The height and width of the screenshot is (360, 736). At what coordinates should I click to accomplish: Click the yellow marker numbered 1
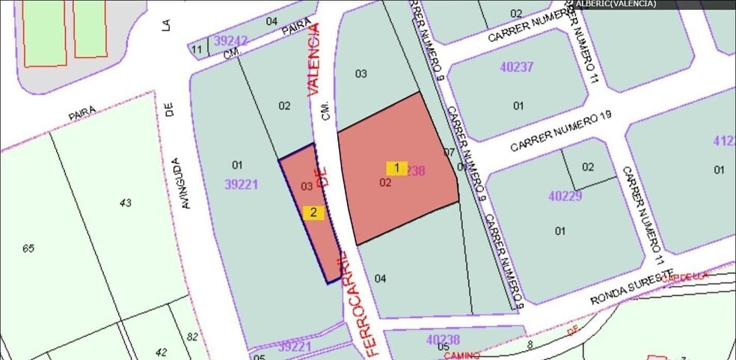tap(396, 168)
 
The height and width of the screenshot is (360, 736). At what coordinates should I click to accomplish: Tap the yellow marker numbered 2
tap(314, 213)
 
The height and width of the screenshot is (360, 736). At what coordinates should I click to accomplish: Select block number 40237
tap(517, 67)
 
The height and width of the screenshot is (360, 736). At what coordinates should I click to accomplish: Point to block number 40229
tap(565, 196)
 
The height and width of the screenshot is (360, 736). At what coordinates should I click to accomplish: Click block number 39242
tap(230, 40)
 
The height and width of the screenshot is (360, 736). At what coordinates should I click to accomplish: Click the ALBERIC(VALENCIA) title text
tap(616, 4)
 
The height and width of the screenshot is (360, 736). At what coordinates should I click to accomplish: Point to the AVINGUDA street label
tap(177, 182)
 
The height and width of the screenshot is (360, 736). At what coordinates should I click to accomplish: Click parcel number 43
tap(124, 202)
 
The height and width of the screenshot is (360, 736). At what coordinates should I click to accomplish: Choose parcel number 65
tap(28, 248)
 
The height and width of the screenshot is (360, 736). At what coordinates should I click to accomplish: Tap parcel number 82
tap(192, 337)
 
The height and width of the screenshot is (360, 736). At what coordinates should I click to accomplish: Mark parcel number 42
tap(162, 353)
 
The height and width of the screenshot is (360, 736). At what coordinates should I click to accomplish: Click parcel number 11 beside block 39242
tap(197, 50)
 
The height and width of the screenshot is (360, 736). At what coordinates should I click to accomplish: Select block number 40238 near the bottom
tap(443, 340)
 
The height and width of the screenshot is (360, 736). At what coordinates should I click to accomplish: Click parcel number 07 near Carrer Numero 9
tap(449, 153)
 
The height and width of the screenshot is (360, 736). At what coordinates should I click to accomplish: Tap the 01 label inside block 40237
tap(518, 106)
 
